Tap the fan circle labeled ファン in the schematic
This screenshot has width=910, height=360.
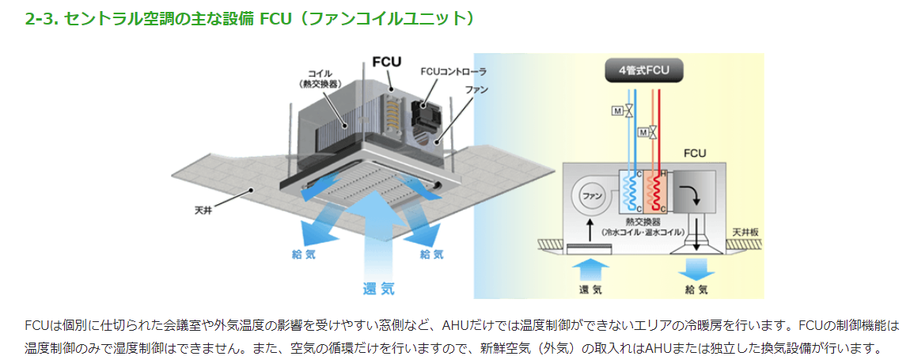click(588, 195)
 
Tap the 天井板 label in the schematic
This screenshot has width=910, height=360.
click(744, 231)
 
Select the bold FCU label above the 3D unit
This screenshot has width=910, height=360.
click(387, 61)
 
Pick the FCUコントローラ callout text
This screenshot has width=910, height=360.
click(453, 71)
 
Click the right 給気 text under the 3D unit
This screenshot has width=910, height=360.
click(431, 254)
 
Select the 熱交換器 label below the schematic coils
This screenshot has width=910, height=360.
click(642, 224)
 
